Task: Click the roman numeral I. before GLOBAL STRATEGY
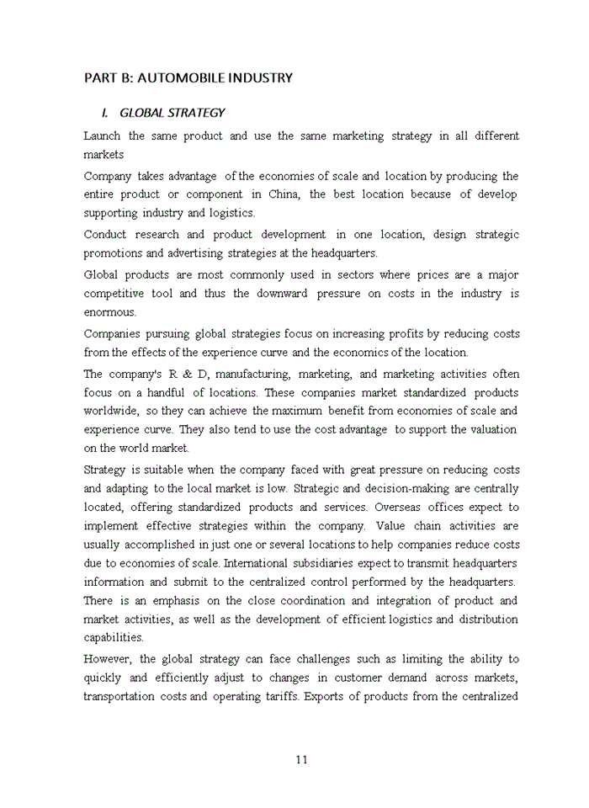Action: coord(105,113)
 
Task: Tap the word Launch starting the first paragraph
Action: coord(102,136)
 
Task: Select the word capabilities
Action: coord(114,638)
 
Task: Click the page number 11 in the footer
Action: coord(302,760)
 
